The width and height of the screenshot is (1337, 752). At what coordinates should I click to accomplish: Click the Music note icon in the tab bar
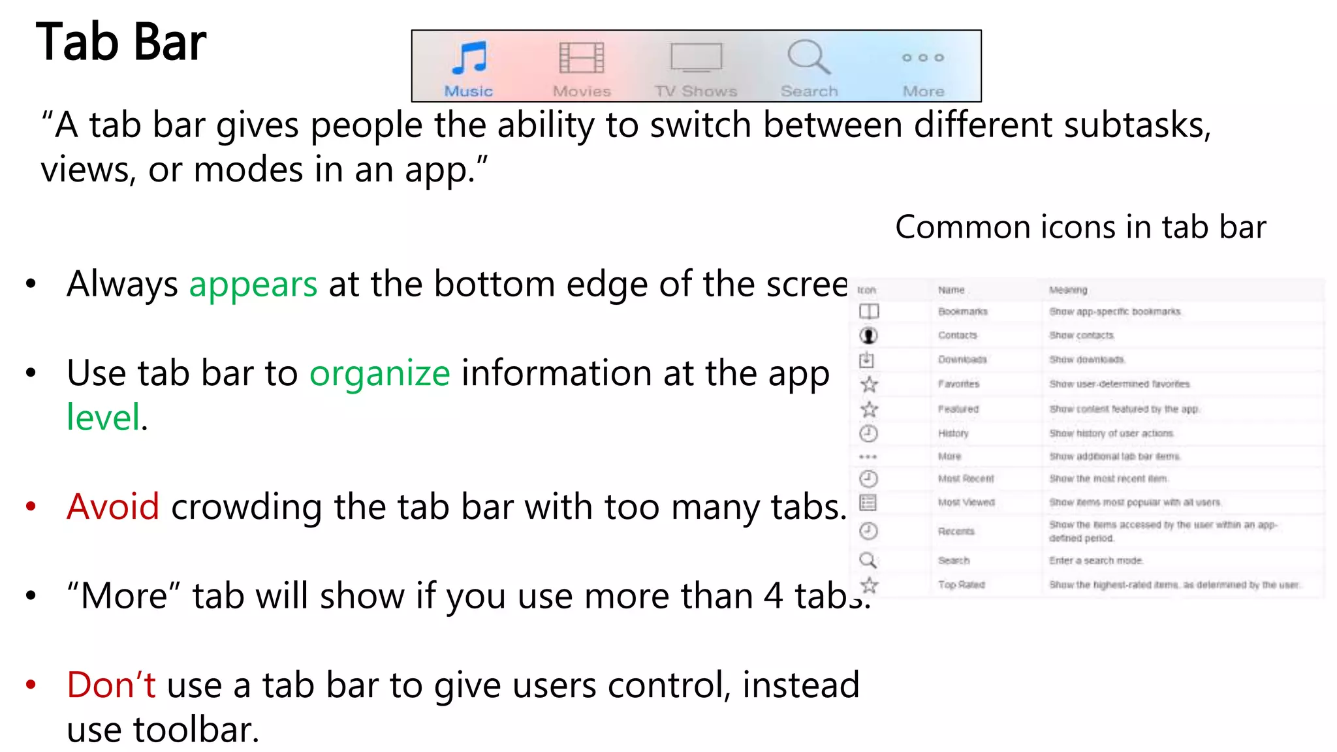tap(469, 58)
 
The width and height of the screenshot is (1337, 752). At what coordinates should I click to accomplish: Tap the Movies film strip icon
tap(581, 58)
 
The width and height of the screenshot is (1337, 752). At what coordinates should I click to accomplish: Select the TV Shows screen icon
tap(696, 58)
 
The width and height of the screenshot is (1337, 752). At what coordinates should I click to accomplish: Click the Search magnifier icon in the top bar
tap(808, 57)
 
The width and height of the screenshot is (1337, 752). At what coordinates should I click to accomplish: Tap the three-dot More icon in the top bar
tap(922, 58)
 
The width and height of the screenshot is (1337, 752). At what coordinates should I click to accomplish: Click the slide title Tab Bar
tap(121, 42)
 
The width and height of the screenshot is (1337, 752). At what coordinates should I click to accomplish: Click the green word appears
tap(253, 285)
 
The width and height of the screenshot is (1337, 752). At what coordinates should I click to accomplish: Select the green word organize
tap(379, 373)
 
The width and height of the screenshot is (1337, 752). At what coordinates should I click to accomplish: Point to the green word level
tap(103, 418)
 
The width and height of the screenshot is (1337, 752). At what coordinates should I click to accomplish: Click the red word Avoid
tap(113, 507)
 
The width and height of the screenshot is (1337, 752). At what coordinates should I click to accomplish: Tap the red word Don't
tap(111, 685)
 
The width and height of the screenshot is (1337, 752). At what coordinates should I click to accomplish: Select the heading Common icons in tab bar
tap(1080, 228)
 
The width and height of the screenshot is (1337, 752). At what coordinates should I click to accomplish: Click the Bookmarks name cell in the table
tap(962, 312)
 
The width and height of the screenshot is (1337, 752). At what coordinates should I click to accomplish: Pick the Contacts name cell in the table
tap(958, 336)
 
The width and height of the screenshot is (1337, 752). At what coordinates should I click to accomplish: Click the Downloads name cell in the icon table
tap(962, 360)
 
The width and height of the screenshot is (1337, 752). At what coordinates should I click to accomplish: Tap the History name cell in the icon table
tap(953, 433)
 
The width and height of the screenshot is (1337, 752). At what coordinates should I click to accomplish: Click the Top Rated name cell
tap(961, 585)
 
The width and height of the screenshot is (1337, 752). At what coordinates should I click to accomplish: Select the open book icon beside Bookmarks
tap(869, 311)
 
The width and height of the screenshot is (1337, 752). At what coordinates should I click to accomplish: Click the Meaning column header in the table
tap(1068, 290)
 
